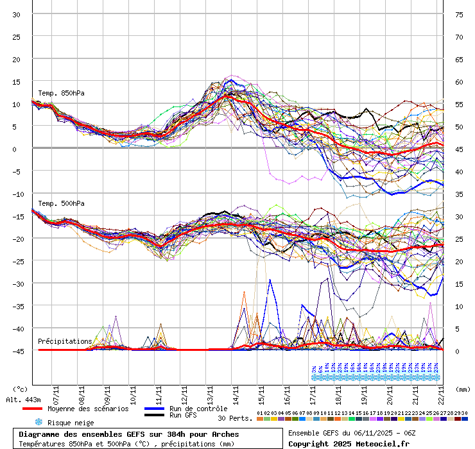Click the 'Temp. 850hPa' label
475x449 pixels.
pos(61,93)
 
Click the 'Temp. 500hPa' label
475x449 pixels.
pos(61,203)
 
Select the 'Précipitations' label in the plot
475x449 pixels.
pos(65,341)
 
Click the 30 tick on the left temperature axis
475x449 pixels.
pos(16,14)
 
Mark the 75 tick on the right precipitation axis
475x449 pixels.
pos(459,14)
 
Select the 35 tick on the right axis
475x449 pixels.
pos(459,194)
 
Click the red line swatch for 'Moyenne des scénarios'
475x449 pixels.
pos(32,409)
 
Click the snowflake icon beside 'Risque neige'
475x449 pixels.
pos(38,422)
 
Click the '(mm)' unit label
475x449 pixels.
pos(463,389)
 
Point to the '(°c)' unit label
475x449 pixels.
pos(20,389)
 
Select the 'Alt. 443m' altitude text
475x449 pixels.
pos(24,400)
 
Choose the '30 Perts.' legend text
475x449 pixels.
pos(235,418)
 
